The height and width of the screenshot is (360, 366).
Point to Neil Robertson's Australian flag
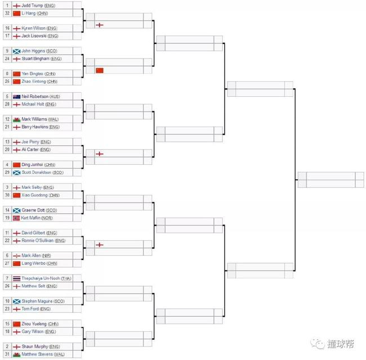[x=17, y=97]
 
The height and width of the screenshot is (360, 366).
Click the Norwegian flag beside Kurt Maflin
[x=17, y=218]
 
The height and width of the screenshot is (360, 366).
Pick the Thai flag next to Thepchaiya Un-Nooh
[x=17, y=278]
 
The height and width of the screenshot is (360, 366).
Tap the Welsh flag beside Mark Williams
[x=17, y=119]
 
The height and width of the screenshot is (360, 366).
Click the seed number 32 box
[x=7, y=13]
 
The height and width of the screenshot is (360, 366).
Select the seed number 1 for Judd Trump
[x=7, y=5]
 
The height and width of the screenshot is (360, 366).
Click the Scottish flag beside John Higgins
[x=17, y=51]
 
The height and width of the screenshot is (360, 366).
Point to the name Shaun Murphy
[x=36, y=346]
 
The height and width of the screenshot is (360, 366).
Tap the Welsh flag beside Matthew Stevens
[x=17, y=354]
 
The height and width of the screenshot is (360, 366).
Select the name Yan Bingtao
[x=34, y=74]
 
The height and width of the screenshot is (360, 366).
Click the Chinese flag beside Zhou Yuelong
[x=17, y=324]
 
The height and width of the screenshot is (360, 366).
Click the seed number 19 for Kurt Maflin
[x=7, y=218]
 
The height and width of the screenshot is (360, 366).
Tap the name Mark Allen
[x=32, y=255]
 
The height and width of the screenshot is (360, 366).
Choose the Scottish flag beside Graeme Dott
[x=17, y=210]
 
